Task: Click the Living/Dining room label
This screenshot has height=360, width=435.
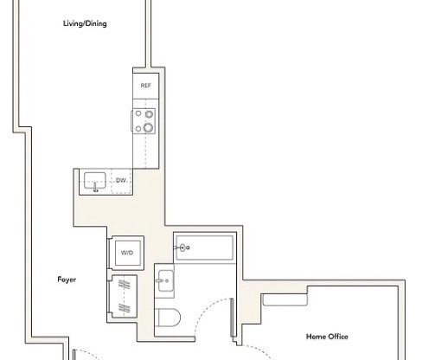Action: pos(85,23)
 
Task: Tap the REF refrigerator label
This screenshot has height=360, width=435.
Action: pos(144,87)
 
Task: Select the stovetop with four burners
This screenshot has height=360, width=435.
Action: pos(144,121)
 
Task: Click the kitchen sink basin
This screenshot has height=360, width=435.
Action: pos(95,182)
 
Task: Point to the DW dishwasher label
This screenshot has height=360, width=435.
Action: pos(121,180)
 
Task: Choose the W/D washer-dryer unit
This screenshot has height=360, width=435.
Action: pos(126,252)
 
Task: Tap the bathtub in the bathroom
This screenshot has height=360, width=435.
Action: pos(204,247)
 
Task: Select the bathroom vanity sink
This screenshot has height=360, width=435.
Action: pos(166,280)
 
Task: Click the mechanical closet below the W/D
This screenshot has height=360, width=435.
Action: pos(125,295)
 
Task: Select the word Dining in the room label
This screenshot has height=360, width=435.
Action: pos(97,23)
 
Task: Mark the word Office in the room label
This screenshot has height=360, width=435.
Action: pos(338,336)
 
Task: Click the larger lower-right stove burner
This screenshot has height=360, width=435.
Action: pos(148,128)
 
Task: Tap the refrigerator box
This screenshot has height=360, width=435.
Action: pos(144,87)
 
